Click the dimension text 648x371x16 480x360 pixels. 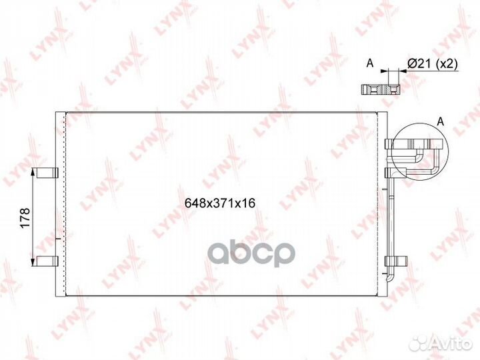(220, 203)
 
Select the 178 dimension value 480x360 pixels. (25, 217)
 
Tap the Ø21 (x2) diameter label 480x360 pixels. (432, 64)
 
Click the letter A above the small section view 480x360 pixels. (370, 63)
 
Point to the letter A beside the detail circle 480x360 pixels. (440, 121)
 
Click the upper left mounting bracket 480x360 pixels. (47, 173)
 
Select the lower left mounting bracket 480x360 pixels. (47, 261)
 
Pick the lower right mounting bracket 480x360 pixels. (396, 261)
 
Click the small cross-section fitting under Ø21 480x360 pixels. (381, 90)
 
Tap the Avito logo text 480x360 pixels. (451, 343)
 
